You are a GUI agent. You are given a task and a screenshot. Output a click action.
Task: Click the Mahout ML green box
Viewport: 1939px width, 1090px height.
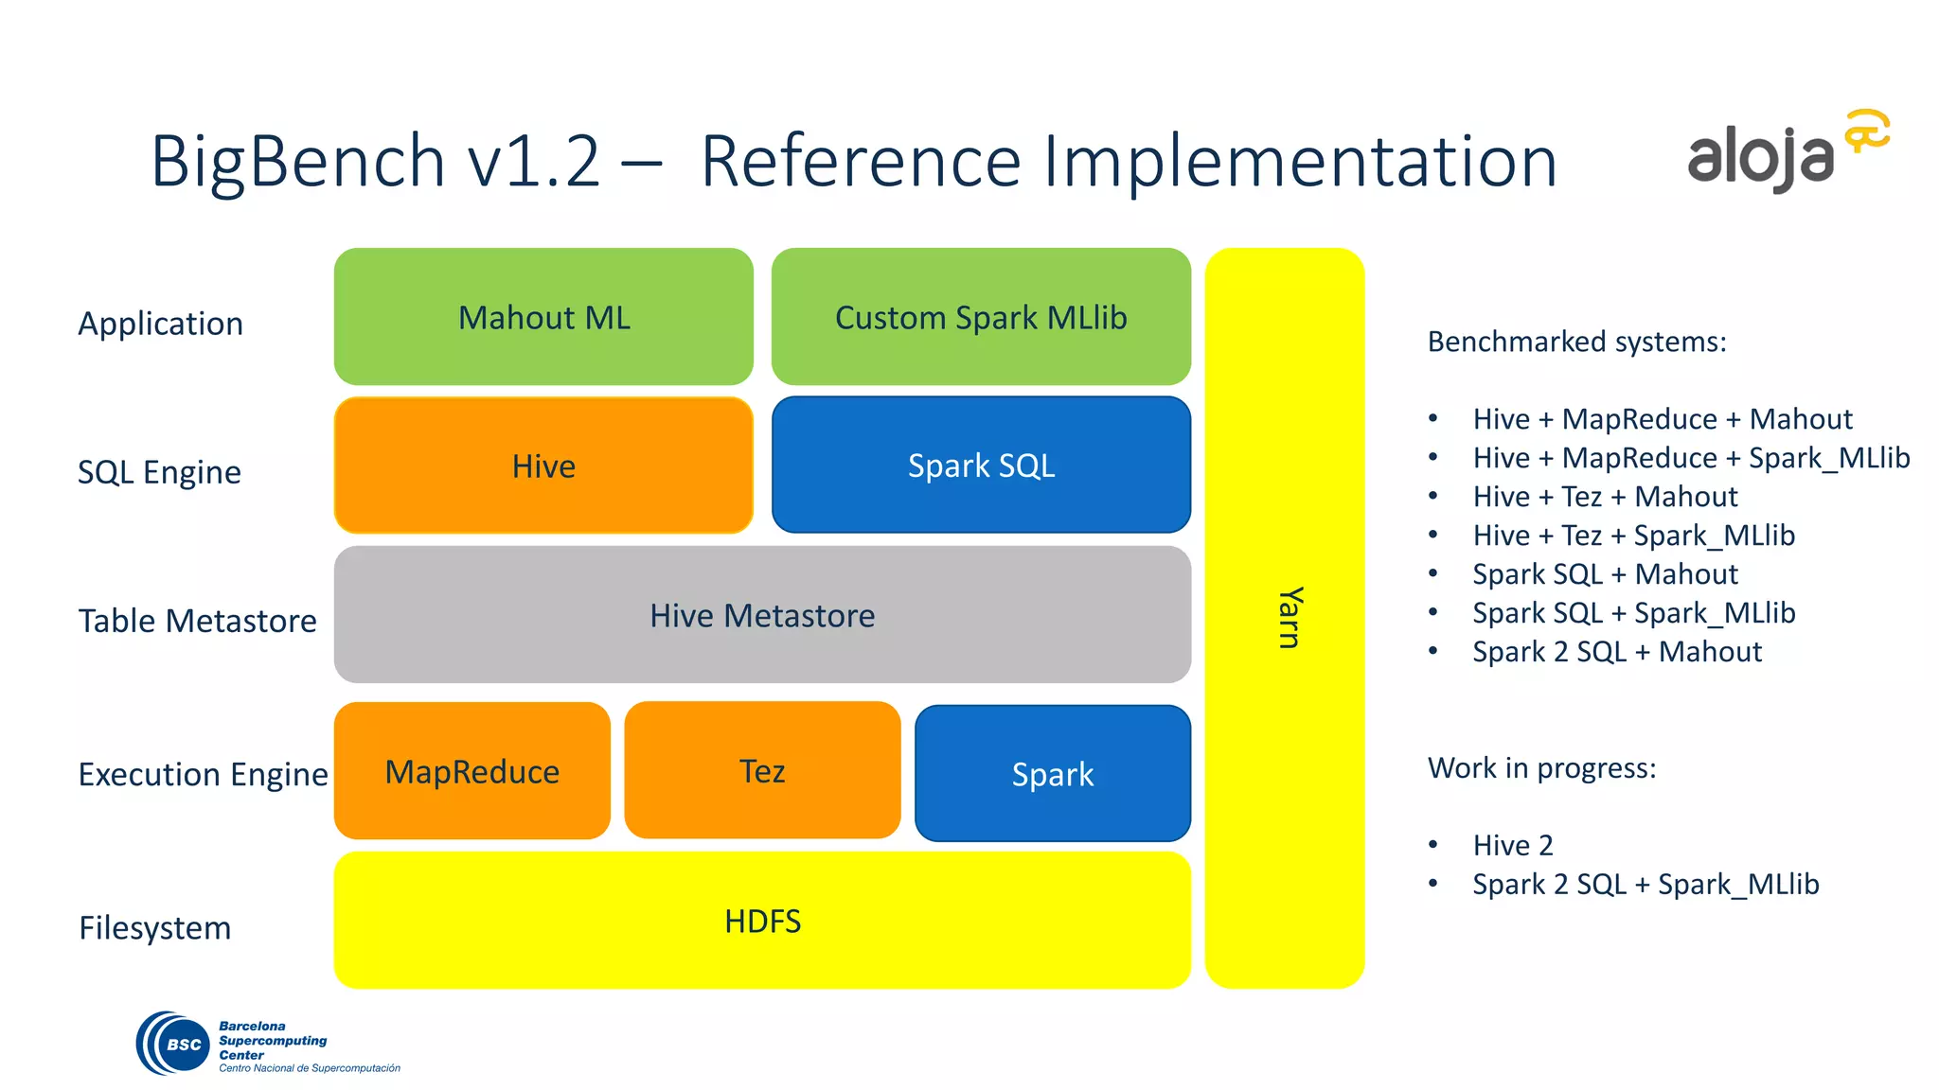(x=543, y=317)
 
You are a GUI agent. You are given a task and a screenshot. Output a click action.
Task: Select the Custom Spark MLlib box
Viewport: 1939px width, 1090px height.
(x=981, y=317)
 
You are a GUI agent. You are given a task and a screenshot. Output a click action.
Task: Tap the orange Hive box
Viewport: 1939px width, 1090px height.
(x=543, y=466)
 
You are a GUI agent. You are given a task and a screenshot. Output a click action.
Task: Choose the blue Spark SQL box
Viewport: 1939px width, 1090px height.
(x=981, y=466)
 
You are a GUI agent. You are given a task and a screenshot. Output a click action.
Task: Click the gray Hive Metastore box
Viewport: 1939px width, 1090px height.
(x=762, y=615)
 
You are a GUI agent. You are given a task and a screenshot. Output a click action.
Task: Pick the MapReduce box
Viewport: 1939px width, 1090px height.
(x=471, y=771)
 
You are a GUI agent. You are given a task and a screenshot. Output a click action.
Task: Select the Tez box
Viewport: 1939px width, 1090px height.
(x=762, y=771)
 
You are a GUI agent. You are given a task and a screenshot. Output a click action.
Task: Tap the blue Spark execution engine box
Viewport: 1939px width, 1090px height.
(x=1052, y=774)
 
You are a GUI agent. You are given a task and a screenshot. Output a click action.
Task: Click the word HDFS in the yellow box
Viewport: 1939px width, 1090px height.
(x=762, y=922)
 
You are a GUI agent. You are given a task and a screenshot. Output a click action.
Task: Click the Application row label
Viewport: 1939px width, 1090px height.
(x=160, y=324)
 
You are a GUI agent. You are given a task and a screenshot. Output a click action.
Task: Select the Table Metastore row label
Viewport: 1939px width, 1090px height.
(x=197, y=621)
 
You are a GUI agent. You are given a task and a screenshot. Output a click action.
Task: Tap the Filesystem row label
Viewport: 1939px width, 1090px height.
(x=154, y=928)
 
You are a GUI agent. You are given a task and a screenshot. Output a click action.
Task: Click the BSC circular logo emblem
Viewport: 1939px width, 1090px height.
(x=175, y=1044)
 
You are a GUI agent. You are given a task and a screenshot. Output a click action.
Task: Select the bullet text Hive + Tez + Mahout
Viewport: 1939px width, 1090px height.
(x=1605, y=497)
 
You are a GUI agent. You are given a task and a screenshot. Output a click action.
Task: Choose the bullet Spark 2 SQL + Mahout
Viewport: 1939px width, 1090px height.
(x=1616, y=652)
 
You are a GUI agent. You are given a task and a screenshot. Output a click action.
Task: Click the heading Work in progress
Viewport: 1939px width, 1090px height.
(x=1541, y=767)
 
